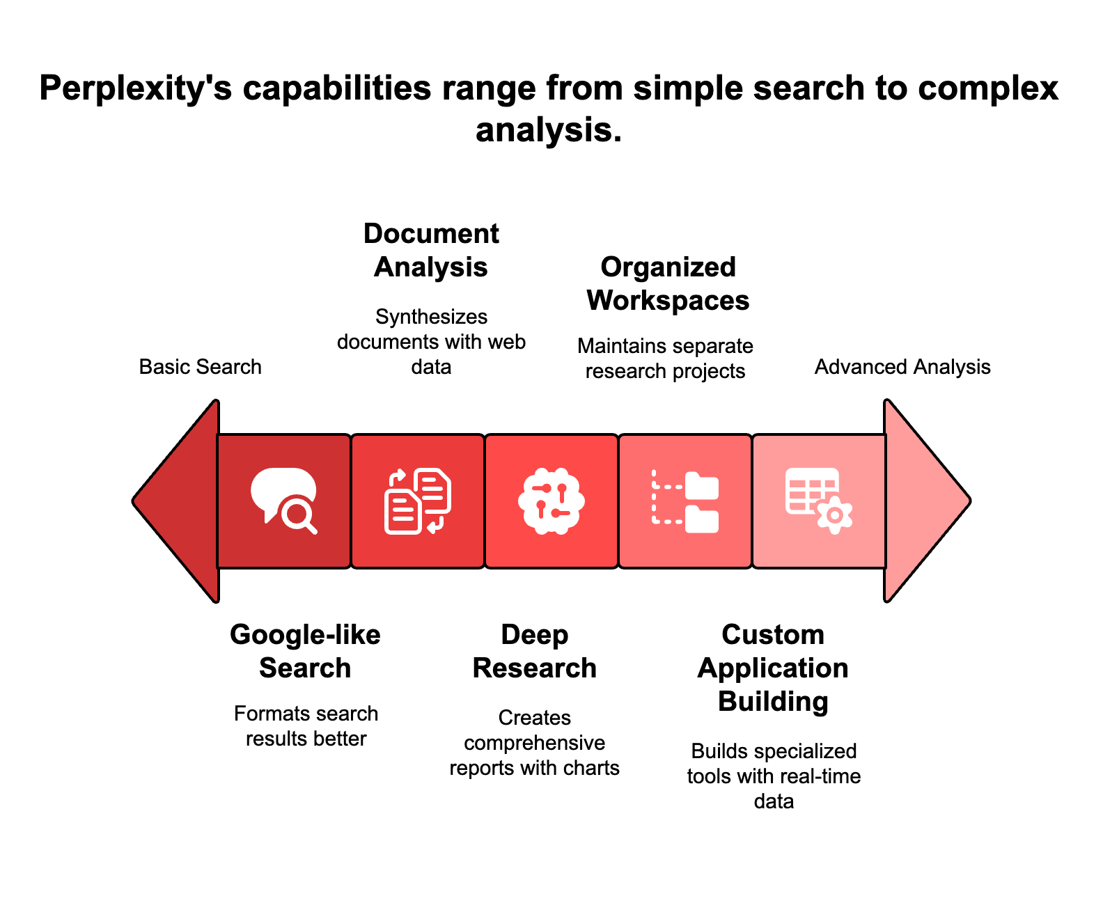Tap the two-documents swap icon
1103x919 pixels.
(x=418, y=501)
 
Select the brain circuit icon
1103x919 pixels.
(x=551, y=501)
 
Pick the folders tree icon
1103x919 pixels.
(x=685, y=501)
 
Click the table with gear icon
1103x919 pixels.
(x=819, y=501)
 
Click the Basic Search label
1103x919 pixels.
(x=201, y=367)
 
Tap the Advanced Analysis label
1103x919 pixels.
(x=902, y=367)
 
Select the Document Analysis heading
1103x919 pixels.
(x=431, y=251)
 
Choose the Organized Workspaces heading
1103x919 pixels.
(x=668, y=284)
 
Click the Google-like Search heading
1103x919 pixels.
(x=305, y=652)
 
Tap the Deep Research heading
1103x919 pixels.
(x=535, y=652)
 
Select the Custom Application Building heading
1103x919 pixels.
(x=773, y=668)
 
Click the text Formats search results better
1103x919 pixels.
(x=306, y=726)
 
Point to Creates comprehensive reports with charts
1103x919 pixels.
(x=535, y=743)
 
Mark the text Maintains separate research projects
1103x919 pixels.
(x=666, y=359)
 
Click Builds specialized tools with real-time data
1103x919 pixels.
(x=774, y=776)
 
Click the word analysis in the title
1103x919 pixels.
(x=548, y=130)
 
